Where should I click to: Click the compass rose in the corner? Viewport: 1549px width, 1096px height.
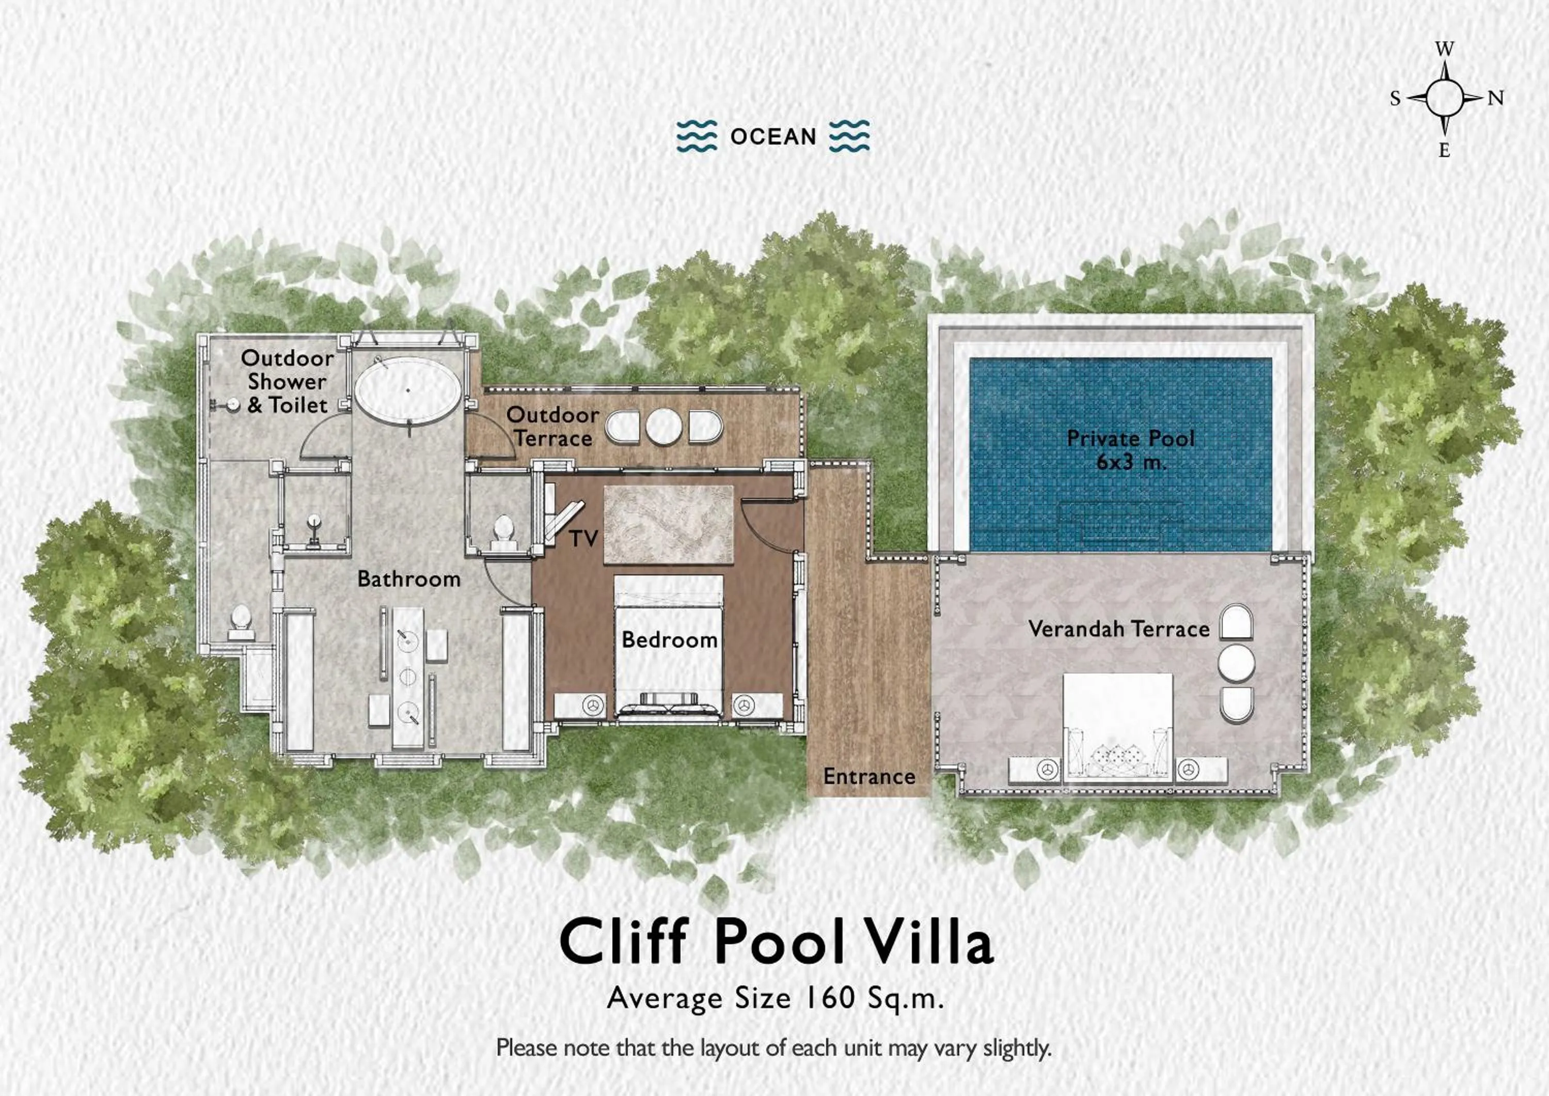1444,99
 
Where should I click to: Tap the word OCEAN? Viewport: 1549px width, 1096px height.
773,137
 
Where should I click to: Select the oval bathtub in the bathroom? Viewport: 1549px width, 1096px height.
408,390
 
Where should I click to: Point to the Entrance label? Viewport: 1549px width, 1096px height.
869,777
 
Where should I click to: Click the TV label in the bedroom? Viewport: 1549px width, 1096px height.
583,539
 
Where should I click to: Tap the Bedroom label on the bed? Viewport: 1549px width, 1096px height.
669,640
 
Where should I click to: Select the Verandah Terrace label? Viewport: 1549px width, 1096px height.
1118,629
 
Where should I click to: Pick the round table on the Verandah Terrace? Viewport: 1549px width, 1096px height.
1236,663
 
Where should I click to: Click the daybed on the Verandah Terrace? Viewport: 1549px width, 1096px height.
1117,728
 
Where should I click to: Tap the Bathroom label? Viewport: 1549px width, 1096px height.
409,579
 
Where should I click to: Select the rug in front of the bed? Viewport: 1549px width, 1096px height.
668,524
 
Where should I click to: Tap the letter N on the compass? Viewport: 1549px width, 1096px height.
1496,99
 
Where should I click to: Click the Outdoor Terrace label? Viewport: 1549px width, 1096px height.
552,427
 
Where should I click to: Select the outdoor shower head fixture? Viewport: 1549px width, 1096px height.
231,405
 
